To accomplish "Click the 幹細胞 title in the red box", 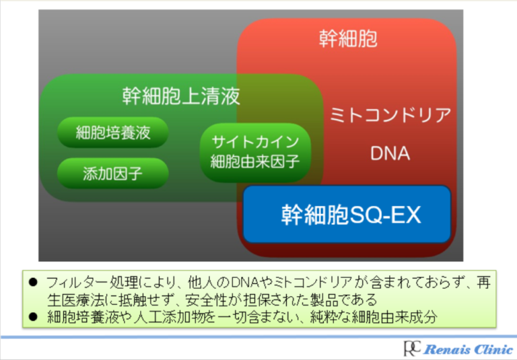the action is coord(348,38).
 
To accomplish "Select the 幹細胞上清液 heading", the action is coord(181,96).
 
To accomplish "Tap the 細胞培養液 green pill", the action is coord(113,132).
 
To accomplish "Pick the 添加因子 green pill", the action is coord(113,173).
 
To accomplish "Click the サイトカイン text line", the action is coord(255,142).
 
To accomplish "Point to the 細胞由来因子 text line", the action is coord(255,161).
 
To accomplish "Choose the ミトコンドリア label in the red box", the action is coord(390,114).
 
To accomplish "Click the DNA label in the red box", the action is coord(390,153).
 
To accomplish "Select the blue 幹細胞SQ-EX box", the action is coord(347,214).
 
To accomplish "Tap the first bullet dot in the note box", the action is coord(33,282).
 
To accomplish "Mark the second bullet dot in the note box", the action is coord(33,317).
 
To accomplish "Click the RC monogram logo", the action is coord(412,348).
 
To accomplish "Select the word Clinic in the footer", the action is coord(490,349).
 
